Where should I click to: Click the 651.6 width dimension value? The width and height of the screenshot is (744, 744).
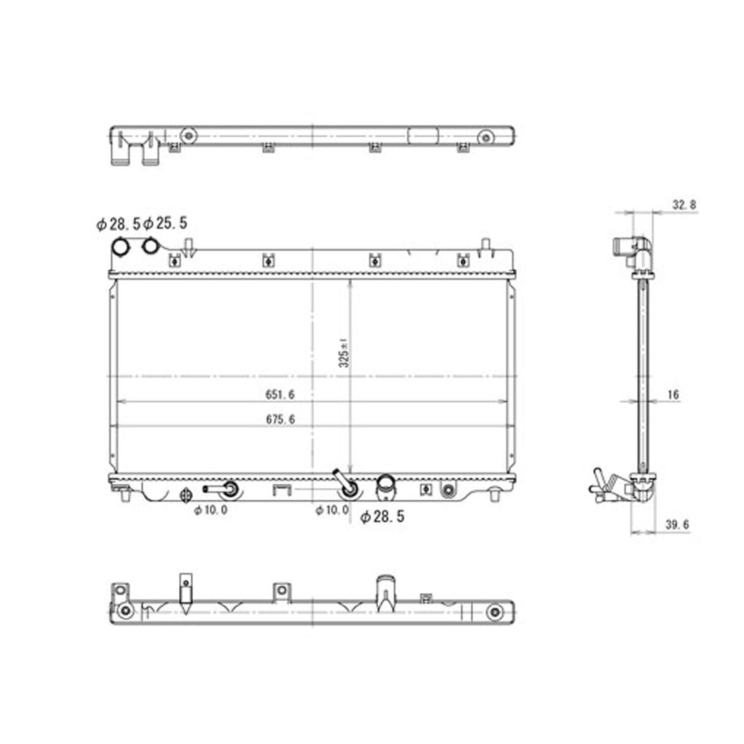coord(285,394)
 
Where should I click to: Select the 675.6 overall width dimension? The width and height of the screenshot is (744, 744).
coord(285,419)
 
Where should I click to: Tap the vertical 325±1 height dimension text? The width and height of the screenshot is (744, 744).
coord(344,352)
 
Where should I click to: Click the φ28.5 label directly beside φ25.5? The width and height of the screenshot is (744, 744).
coord(118,224)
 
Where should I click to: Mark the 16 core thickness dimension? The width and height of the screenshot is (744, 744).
coord(672,394)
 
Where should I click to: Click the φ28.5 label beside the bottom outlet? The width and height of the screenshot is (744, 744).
coord(382,517)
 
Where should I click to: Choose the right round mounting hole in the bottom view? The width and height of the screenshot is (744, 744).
coord(494,612)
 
